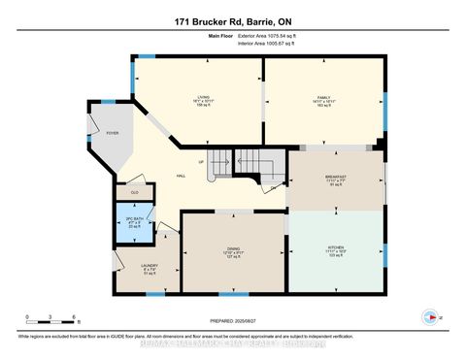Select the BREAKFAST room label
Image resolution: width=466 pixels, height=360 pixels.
336,179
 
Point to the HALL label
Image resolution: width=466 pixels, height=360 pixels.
182,175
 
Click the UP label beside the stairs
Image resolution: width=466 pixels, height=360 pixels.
201,161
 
